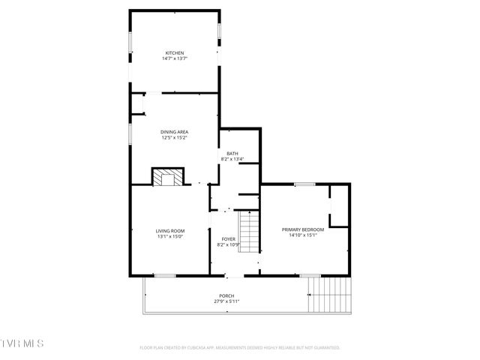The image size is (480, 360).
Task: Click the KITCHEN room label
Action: tap(174, 52)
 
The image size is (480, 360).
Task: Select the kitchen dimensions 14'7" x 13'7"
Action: tap(174, 58)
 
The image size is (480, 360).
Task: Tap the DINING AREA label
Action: tap(174, 132)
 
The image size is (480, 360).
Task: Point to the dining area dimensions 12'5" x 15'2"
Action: tap(174, 138)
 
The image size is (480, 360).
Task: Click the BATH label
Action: tap(232, 154)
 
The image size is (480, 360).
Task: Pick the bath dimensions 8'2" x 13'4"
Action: tap(232, 159)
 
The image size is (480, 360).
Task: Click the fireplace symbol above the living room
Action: tap(167, 177)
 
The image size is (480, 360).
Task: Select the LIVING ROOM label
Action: tap(170, 230)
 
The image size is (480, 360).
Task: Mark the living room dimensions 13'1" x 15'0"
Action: tap(170, 236)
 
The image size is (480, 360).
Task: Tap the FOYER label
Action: tap(227, 239)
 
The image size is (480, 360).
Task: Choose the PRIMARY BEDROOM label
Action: tap(303, 229)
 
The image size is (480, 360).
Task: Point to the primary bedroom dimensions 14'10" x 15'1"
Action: tap(303, 235)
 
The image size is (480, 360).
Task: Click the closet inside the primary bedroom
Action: tap(340, 205)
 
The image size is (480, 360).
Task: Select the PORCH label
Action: tap(226, 295)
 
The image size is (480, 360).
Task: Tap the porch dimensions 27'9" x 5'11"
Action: tap(226, 301)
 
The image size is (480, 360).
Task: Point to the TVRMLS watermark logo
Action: tap(22, 343)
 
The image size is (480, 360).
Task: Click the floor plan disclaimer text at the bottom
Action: tap(240, 348)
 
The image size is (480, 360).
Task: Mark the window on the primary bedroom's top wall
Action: tap(304, 184)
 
